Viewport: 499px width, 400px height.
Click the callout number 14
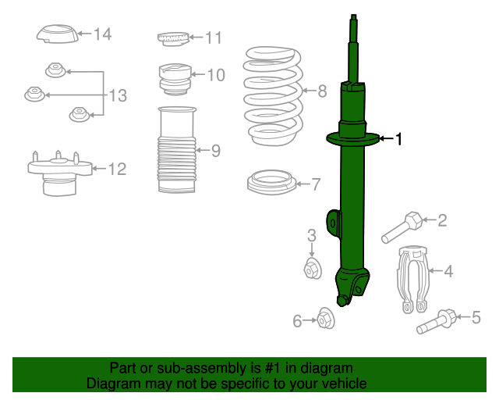pyautogui.click(x=103, y=34)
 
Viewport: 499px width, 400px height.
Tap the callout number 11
pyautogui.click(x=214, y=37)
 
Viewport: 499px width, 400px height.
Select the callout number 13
pyautogui.click(x=117, y=96)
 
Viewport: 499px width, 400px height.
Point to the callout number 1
pyautogui.click(x=399, y=139)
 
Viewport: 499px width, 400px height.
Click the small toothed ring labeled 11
pyautogui.click(x=173, y=38)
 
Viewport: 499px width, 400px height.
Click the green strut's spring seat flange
pyautogui.click(x=352, y=140)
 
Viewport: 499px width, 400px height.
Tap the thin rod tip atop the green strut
pyautogui.click(x=354, y=23)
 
